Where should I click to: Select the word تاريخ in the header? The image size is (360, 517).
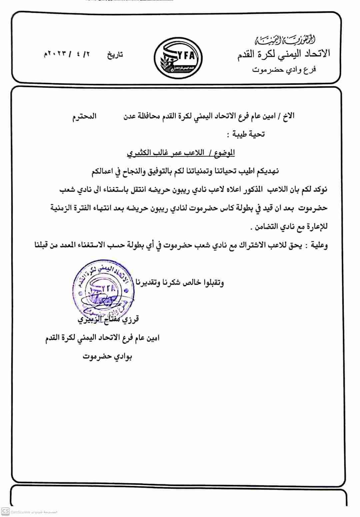115,55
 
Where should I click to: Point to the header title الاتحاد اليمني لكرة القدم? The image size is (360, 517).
284,53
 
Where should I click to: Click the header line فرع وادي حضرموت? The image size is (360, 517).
284,69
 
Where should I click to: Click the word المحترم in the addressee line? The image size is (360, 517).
85,116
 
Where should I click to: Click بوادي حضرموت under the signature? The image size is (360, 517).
107,357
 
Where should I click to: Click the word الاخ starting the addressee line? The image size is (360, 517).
288,116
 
